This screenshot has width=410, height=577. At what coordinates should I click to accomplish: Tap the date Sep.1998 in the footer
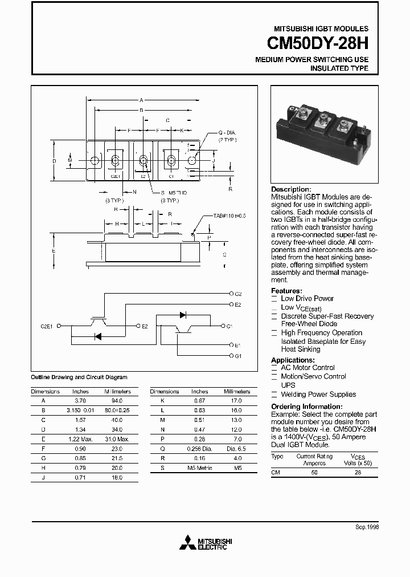point(367,528)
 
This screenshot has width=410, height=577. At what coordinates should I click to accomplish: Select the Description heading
point(291,189)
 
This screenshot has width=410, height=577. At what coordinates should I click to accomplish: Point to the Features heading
point(286,291)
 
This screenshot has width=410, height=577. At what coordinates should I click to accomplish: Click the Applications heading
point(292,360)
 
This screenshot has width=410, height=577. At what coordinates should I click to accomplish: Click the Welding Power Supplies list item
point(318,394)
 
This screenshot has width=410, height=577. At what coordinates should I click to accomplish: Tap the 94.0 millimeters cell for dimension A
point(117,400)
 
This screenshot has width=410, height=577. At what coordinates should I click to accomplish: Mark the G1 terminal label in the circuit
point(238,356)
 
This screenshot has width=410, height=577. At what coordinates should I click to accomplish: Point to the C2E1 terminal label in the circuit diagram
point(46,326)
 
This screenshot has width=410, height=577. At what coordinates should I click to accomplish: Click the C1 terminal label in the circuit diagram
point(229,326)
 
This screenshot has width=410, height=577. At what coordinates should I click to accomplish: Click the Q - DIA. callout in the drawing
point(227,132)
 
